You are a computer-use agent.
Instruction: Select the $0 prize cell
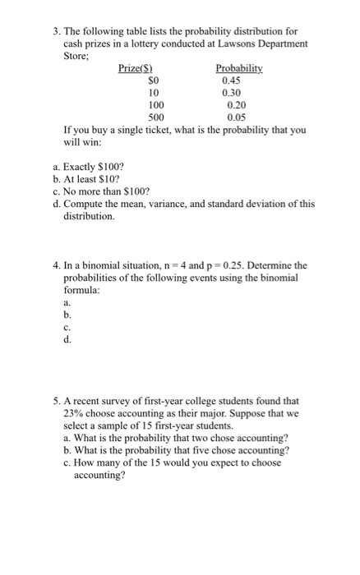pyautogui.click(x=151, y=80)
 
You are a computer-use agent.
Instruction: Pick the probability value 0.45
pyautogui.click(x=232, y=80)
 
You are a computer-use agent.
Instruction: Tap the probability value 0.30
pyautogui.click(x=232, y=93)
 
